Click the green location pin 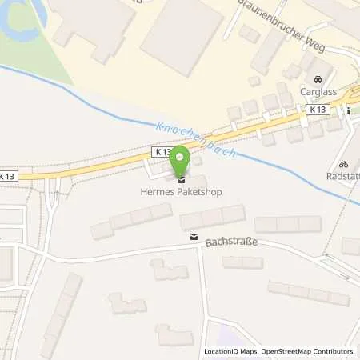click(x=182, y=158)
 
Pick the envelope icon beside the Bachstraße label click(x=193, y=237)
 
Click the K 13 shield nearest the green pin click(x=162, y=151)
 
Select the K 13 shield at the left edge click(x=7, y=176)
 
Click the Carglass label click(x=318, y=92)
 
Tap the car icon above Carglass click(x=318, y=80)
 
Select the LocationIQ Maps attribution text click(x=231, y=351)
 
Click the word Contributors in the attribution click(x=332, y=351)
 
